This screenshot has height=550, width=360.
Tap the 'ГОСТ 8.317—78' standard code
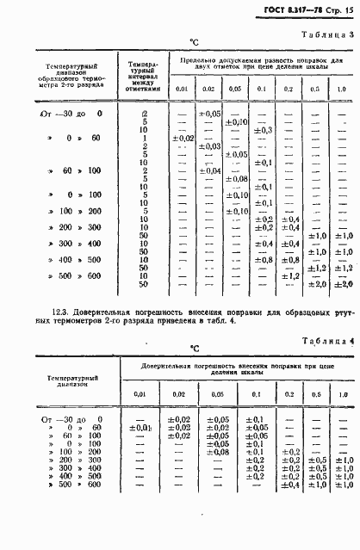click(291, 10)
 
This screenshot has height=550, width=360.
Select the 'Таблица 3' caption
click(327, 35)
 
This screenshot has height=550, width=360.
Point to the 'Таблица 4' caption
click(327, 342)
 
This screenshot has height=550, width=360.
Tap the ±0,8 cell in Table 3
click(264, 259)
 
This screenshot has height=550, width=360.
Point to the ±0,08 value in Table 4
click(220, 451)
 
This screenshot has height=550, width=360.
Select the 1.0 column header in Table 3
click(341, 89)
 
